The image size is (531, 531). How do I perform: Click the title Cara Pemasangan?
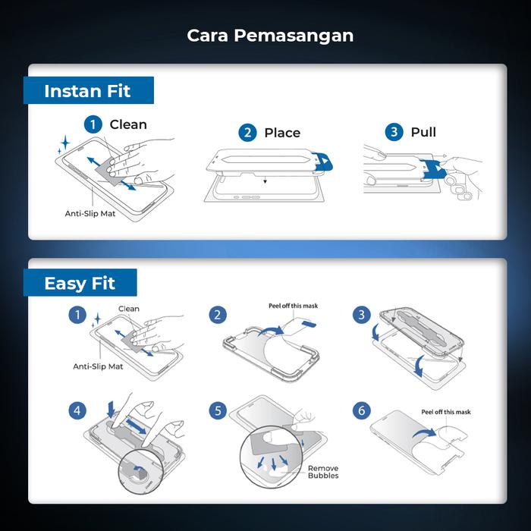point(270,35)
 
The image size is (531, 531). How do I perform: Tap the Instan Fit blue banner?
point(87,91)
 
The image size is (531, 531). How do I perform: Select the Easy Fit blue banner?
point(80,284)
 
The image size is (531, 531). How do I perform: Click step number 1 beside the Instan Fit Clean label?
point(93,124)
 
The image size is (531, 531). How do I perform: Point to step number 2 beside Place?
point(247,133)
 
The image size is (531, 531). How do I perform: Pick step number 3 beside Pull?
point(394,132)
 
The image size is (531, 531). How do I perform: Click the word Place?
point(282,133)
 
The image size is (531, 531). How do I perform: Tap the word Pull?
point(423,132)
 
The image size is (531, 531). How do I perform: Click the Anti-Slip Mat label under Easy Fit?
point(98,366)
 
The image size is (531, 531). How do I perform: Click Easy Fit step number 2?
point(218,314)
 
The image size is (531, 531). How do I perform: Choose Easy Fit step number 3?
point(361,314)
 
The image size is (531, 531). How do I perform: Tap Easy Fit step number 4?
point(76,410)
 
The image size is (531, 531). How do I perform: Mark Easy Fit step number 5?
point(218,410)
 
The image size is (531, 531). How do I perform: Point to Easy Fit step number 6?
point(361,410)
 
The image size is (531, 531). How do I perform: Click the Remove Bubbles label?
point(323,472)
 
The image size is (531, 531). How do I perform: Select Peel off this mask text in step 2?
point(294,306)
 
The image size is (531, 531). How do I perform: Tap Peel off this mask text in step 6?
point(446,412)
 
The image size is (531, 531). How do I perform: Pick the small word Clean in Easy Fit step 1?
point(129,309)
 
